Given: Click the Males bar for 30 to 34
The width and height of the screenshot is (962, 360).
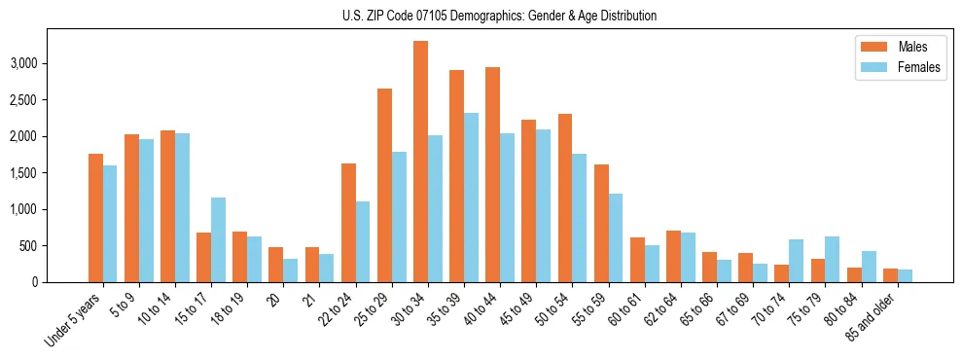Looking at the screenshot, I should [x=420, y=162].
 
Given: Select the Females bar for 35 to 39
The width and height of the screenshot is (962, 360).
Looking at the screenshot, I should [x=471, y=198].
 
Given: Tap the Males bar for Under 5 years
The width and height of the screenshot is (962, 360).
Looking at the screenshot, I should [x=95, y=218].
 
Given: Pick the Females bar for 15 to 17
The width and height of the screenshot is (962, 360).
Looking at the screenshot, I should [x=218, y=239].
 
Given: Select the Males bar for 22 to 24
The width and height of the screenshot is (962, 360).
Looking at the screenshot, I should [x=348, y=223].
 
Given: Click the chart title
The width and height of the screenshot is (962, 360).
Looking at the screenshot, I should [x=499, y=16].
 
